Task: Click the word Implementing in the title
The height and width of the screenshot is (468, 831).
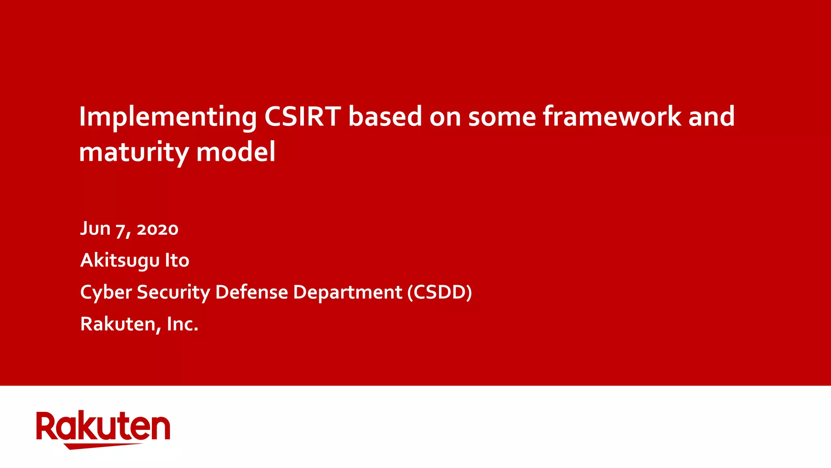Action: tap(168, 117)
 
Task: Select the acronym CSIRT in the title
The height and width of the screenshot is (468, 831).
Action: tap(302, 117)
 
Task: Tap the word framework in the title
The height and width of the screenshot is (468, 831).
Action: tap(612, 117)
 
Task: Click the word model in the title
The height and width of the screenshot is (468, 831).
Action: tap(236, 152)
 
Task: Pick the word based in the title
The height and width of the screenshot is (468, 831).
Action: tap(385, 117)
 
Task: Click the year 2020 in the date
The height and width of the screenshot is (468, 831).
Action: tap(157, 229)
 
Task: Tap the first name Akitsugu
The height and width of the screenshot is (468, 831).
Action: tap(120, 260)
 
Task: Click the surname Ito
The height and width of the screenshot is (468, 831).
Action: tap(177, 260)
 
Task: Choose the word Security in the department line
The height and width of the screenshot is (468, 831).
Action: tap(173, 292)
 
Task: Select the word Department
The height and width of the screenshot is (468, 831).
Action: tap(347, 292)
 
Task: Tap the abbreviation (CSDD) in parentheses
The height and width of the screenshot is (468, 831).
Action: tap(439, 292)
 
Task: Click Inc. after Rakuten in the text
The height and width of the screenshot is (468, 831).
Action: tap(183, 324)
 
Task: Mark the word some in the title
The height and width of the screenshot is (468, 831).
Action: tap(502, 117)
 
